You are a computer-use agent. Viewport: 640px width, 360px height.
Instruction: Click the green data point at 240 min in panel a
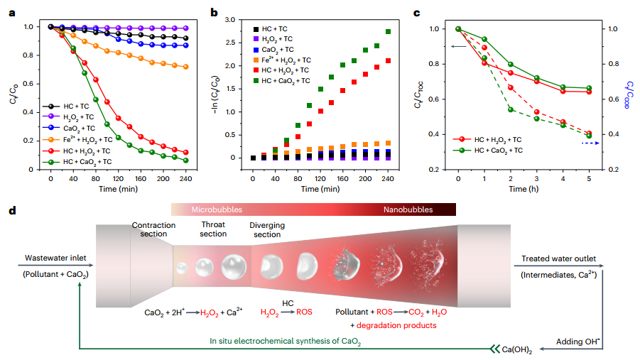coord(186,160)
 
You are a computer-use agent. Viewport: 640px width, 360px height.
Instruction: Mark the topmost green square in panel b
coord(389,32)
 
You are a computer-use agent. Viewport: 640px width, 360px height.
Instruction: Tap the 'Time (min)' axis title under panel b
coord(320,190)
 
